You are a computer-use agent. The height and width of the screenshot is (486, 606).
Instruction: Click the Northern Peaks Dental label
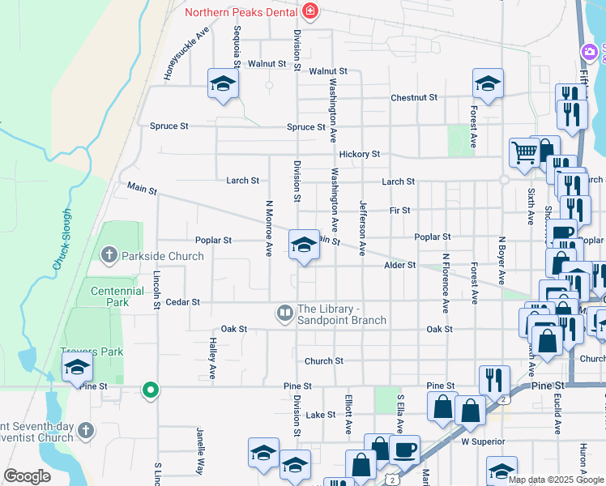(241, 12)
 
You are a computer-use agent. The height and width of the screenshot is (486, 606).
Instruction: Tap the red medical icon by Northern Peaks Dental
(309, 11)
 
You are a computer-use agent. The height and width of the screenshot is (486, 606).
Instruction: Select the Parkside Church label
(162, 256)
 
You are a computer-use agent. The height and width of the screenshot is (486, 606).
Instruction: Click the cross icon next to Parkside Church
(109, 256)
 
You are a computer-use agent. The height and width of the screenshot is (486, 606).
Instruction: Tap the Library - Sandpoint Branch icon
(284, 312)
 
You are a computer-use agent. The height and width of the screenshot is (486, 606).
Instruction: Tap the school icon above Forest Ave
(488, 83)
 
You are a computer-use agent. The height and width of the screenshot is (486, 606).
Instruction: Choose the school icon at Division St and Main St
(304, 245)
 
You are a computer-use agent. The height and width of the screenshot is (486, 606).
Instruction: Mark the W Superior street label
(483, 442)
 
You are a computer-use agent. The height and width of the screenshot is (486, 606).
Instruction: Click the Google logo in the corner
(27, 476)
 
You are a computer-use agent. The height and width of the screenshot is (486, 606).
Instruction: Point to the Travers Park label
(92, 352)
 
